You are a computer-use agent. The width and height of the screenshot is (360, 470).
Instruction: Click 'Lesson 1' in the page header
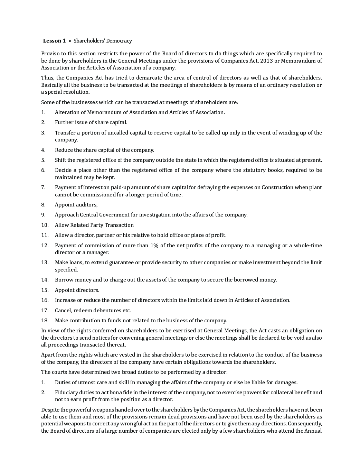pyautogui.click(x=54, y=41)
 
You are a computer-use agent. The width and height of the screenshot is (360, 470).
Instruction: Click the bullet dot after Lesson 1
pyautogui.click(x=70, y=41)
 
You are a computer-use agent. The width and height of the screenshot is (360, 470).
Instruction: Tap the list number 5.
pyautogui.click(x=43, y=160)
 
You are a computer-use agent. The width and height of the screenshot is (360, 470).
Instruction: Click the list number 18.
pyautogui.click(x=45, y=321)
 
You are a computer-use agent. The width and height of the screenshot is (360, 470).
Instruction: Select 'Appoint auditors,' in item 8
pyautogui.click(x=76, y=205)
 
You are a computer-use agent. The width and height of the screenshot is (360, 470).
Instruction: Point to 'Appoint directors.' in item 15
pyautogui.click(x=77, y=290)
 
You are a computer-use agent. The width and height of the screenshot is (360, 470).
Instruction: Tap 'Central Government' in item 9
pyautogui.click(x=95, y=215)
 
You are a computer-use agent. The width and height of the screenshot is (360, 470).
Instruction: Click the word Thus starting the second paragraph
pyautogui.click(x=47, y=78)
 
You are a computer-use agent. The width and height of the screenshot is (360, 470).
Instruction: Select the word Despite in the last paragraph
pyautogui.click(x=50, y=410)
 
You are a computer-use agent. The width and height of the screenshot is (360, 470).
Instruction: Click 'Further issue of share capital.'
pyautogui.click(x=91, y=122)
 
